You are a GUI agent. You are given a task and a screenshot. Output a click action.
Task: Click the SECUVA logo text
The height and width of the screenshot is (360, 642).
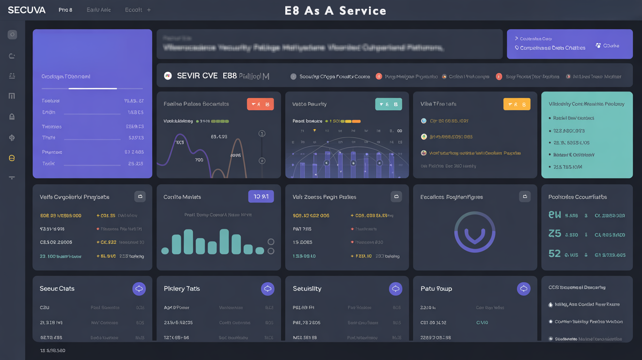pos(26,10)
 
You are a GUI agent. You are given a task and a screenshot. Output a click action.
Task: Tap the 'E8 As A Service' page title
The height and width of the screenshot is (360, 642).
pos(335,11)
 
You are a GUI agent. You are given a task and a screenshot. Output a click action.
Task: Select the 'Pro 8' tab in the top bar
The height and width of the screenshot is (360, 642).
pos(65,10)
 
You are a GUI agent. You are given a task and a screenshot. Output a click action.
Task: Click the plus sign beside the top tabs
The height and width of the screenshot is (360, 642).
pos(149,10)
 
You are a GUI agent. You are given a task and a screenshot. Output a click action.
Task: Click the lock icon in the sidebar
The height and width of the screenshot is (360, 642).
pos(12,116)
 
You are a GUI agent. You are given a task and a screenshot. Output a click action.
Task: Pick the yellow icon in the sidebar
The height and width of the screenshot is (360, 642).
pos(12,158)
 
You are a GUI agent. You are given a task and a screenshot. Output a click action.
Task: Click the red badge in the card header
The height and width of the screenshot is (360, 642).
pos(260,104)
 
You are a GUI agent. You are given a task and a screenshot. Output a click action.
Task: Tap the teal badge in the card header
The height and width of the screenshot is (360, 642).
pos(389,104)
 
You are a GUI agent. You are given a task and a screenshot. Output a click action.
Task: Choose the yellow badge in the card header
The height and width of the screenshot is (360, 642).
pos(517,104)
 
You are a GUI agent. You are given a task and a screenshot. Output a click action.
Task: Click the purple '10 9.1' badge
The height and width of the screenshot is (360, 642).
pos(261,197)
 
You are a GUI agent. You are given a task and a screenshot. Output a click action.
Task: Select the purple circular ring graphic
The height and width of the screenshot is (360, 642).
pos(475,232)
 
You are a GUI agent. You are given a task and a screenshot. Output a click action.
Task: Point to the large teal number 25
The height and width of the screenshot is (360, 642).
pos(554,233)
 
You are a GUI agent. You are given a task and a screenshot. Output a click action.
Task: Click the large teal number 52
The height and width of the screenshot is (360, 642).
pos(554,253)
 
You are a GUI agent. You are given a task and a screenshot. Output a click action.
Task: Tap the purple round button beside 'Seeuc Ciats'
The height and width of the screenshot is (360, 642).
pos(139,289)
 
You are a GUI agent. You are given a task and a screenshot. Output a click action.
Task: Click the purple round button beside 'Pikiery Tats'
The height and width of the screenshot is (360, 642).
pos(267,289)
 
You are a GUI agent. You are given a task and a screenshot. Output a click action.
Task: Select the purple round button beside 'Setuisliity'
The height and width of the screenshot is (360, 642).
pos(395,289)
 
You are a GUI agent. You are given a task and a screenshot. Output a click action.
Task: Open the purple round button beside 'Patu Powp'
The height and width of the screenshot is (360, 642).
pos(524,289)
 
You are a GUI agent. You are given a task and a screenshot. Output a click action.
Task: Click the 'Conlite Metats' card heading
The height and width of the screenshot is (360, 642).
pos(182,197)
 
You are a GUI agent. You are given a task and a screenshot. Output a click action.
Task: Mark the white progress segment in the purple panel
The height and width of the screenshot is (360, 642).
pos(92,89)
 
